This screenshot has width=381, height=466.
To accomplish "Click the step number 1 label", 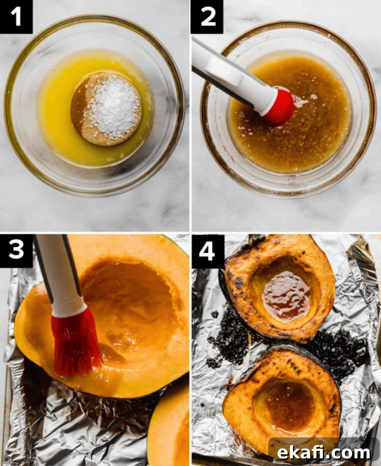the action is point(16,17).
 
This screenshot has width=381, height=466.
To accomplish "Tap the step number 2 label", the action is point(207,17).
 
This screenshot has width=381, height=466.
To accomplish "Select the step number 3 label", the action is point(16,250).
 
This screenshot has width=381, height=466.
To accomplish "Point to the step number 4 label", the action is point(207,251).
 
